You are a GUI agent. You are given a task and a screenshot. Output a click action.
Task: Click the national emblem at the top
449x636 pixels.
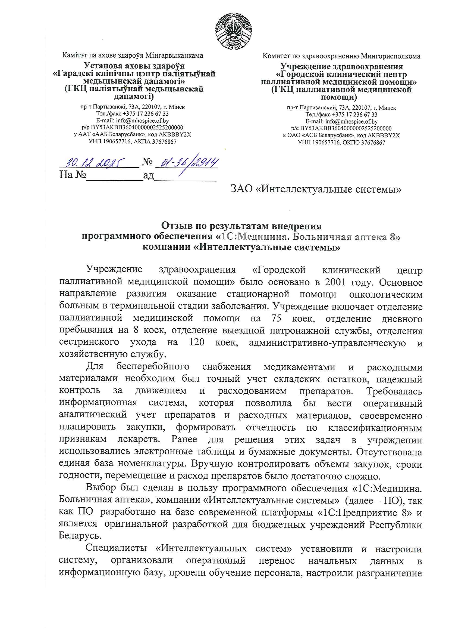pyautogui.click(x=233, y=31)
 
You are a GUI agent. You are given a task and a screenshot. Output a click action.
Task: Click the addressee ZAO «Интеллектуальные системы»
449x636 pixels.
pyautogui.click(x=316, y=189)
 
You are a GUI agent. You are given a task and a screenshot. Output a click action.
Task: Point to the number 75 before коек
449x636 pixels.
pyautogui.click(x=276, y=318)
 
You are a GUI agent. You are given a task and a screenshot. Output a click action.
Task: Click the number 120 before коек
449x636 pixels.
pyautogui.click(x=196, y=342)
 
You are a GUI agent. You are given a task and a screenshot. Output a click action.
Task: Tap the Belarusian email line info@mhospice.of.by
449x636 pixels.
pyautogui.click(x=133, y=121)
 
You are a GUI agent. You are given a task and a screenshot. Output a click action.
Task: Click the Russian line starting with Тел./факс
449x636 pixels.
pyautogui.click(x=341, y=115)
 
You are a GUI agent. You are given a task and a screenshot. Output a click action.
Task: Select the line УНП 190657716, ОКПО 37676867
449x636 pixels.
pyautogui.click(x=341, y=143)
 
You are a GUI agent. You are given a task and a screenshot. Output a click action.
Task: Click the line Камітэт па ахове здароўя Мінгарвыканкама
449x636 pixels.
pyautogui.click(x=133, y=55)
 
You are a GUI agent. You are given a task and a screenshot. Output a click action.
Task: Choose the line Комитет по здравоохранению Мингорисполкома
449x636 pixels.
pyautogui.click(x=341, y=56)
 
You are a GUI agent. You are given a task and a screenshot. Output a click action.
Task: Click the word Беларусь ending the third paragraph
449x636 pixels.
pyautogui.click(x=80, y=536)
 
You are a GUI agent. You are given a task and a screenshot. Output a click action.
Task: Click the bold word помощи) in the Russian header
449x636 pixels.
pyautogui.click(x=339, y=97)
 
